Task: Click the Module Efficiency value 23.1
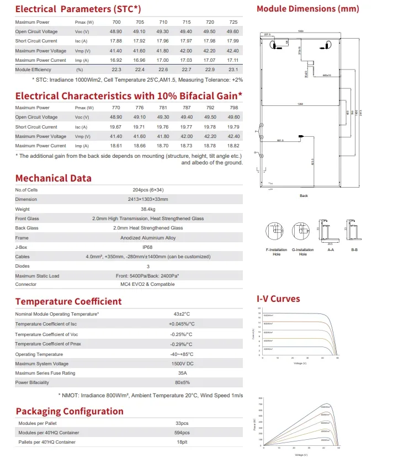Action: (233, 70)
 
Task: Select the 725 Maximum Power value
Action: (233, 22)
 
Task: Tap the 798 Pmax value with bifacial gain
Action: (233, 108)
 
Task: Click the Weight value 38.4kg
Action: (148, 209)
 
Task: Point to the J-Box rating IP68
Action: (148, 247)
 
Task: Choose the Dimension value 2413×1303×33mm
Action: (148, 199)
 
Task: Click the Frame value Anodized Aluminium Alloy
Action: (148, 238)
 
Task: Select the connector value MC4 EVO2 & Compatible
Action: (148, 285)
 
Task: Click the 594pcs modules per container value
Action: (182, 433)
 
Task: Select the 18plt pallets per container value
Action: (182, 442)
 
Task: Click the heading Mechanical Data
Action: (54, 178)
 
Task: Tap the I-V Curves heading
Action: (278, 299)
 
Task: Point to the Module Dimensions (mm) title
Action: (307, 9)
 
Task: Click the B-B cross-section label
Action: (354, 250)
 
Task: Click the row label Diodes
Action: (23, 266)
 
